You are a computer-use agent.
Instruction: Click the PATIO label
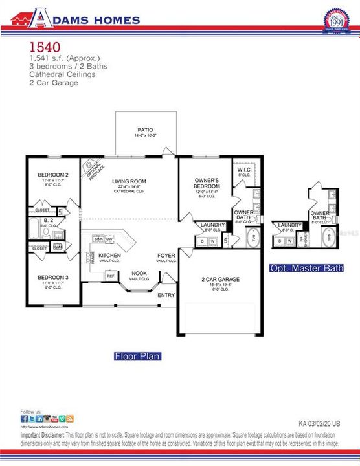pos(145,129)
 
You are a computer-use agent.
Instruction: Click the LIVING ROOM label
pos(129,181)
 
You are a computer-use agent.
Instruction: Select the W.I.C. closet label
pos(245,170)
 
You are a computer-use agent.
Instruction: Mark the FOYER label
pos(166,255)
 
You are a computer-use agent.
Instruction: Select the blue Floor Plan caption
pos(137,356)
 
